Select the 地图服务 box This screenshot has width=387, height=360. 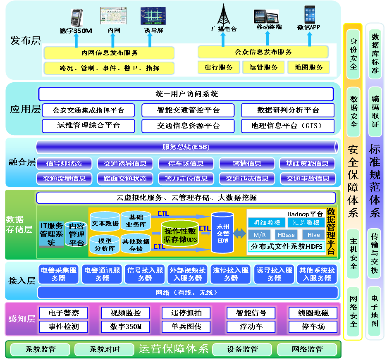(x=309, y=67)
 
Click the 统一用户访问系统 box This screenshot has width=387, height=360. (x=186, y=94)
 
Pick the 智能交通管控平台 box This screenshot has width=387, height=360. (x=188, y=110)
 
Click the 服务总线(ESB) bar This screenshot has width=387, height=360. (x=186, y=147)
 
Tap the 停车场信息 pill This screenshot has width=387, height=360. (x=186, y=163)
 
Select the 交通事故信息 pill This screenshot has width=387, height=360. (x=308, y=179)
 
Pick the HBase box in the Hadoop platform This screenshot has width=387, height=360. (x=286, y=235)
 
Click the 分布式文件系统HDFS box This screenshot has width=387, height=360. (x=286, y=247)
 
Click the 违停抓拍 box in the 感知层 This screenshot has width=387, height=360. (x=186, y=313)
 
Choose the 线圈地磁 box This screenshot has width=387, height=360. (x=312, y=313)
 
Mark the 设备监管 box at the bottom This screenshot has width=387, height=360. (x=242, y=349)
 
